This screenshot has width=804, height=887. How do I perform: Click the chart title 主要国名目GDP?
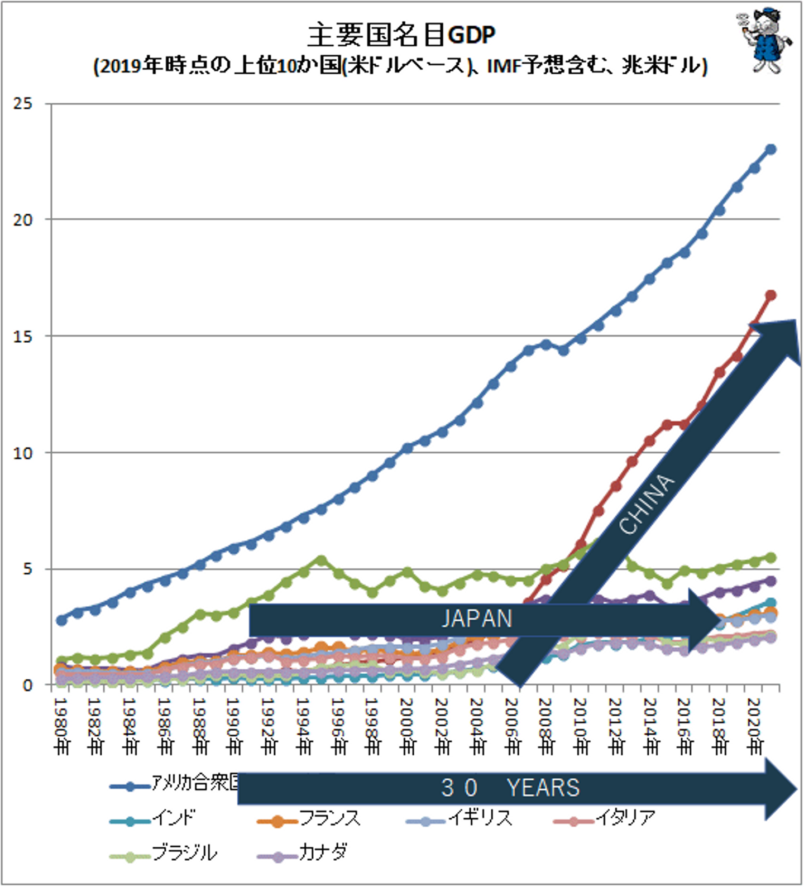pyautogui.click(x=401, y=35)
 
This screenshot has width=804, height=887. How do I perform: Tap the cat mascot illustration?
pyautogui.click(x=764, y=41)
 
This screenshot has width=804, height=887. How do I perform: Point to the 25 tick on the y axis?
pyautogui.click(x=23, y=104)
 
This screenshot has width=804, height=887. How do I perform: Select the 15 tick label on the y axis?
pyautogui.click(x=23, y=337)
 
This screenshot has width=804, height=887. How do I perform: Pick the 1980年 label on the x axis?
pyautogui.click(x=61, y=726)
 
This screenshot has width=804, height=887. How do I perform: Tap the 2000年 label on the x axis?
pyautogui.click(x=408, y=726)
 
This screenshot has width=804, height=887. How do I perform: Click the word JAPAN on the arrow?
pyautogui.click(x=477, y=618)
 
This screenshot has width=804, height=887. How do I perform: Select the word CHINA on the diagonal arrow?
pyautogui.click(x=647, y=504)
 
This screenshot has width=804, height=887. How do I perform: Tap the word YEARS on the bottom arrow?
pyautogui.click(x=543, y=788)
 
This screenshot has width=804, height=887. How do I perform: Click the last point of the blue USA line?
pyautogui.click(x=771, y=149)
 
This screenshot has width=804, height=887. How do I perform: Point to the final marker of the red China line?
pyautogui.click(x=771, y=295)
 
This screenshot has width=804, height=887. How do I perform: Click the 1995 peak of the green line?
pyautogui.click(x=321, y=560)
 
